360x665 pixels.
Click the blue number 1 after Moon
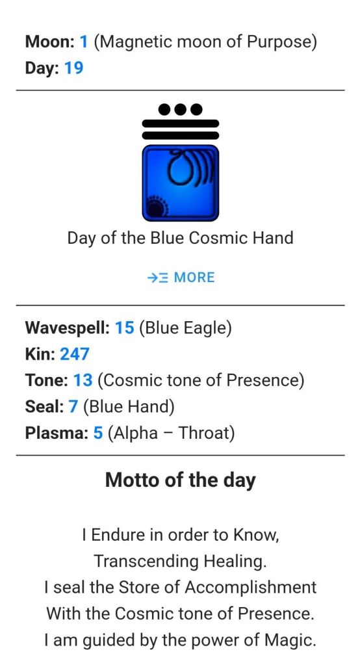[x=84, y=42]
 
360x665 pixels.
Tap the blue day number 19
[x=74, y=68]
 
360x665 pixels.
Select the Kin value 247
[x=75, y=354]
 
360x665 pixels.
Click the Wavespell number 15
[x=125, y=328]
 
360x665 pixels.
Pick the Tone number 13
[x=83, y=380]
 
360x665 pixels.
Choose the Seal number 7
[x=73, y=407]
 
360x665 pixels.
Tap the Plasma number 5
[x=98, y=433]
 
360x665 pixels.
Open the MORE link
[x=181, y=278]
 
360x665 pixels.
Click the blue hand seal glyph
[x=181, y=183]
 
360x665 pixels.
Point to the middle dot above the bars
[x=181, y=109]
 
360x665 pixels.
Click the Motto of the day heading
[x=180, y=480]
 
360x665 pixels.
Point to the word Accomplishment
[x=251, y=588]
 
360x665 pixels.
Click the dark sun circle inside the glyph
[x=155, y=207]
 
